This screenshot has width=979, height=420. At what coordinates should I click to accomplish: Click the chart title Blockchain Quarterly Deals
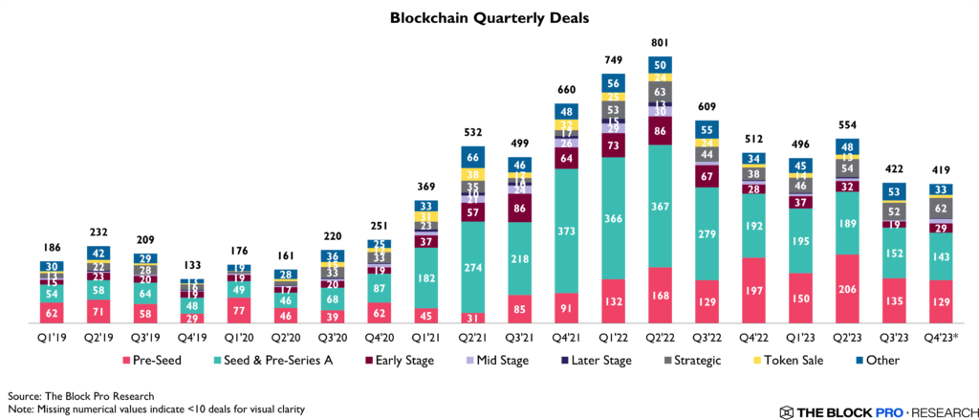(489, 17)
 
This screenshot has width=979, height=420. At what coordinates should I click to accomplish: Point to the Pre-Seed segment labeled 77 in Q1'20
(240, 310)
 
